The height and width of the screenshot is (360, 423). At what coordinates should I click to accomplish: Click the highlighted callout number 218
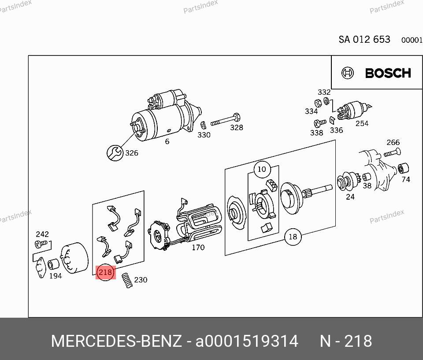pyautogui.click(x=105, y=272)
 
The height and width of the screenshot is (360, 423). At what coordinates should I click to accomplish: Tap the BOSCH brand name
pyautogui.click(x=388, y=73)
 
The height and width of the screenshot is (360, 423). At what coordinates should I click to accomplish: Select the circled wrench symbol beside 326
pyautogui.click(x=115, y=153)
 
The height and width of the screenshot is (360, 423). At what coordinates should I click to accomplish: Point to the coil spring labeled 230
pyautogui.click(x=127, y=280)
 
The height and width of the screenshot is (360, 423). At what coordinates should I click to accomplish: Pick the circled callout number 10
pyautogui.click(x=262, y=170)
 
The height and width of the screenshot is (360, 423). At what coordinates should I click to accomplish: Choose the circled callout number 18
pyautogui.click(x=293, y=237)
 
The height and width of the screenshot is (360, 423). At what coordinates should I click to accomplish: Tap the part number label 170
pyautogui.click(x=198, y=247)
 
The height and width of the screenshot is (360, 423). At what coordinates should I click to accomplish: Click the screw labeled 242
pyautogui.click(x=41, y=244)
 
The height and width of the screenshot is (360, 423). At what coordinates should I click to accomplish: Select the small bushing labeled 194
pyautogui.click(x=53, y=264)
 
